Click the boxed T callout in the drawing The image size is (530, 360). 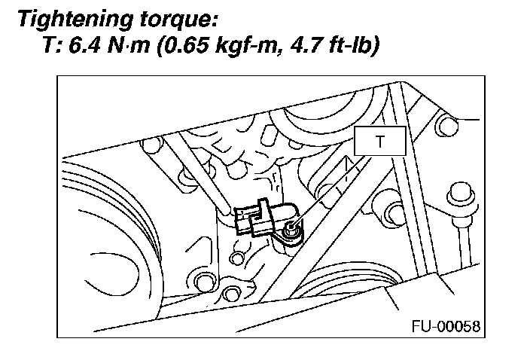380,141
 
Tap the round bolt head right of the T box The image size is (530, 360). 447,125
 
